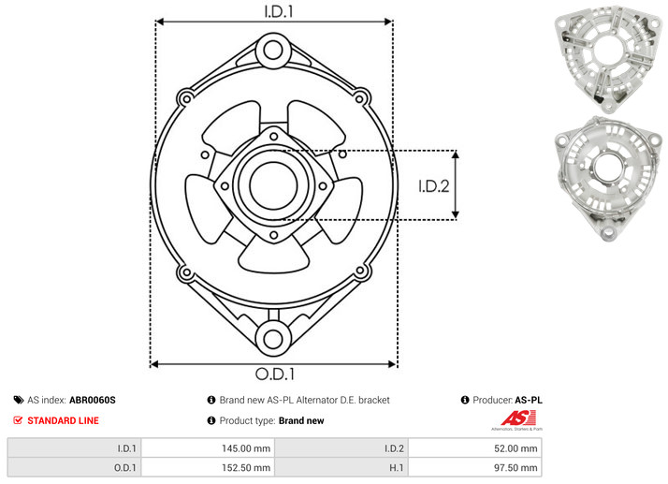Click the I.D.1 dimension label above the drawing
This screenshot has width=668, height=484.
(x=279, y=11)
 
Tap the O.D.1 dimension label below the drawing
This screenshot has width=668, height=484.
(x=275, y=374)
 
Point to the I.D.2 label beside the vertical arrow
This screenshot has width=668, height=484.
(x=434, y=186)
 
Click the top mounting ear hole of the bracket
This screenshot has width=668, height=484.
(x=273, y=51)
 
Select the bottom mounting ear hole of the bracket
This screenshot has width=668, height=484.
(x=273, y=339)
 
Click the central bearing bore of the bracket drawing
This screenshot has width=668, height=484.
(x=273, y=185)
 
